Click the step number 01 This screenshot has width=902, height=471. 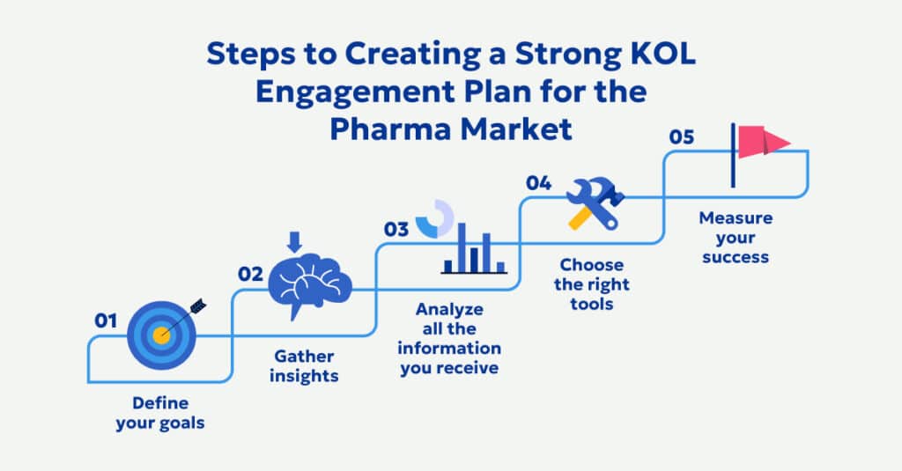pyautogui.click(x=106, y=320)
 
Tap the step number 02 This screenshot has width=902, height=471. pyautogui.click(x=251, y=273)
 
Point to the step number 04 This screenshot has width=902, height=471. pyautogui.click(x=539, y=183)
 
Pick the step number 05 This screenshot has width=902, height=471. pyautogui.click(x=681, y=137)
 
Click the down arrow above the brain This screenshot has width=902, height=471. pyautogui.click(x=295, y=240)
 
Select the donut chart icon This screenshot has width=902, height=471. pyautogui.click(x=434, y=218)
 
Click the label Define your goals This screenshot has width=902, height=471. pyautogui.click(x=167, y=413)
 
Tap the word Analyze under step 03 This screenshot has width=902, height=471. pyautogui.click(x=449, y=309)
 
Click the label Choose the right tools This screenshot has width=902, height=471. pyautogui.click(x=591, y=284)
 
